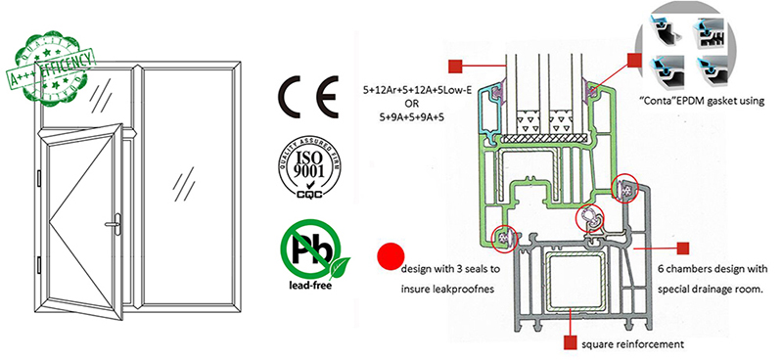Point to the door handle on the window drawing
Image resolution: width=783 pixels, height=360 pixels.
115,224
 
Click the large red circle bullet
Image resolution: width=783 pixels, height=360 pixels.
391,257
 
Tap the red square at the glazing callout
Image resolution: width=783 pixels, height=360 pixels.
453,66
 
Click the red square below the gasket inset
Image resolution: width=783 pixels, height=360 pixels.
635,62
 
